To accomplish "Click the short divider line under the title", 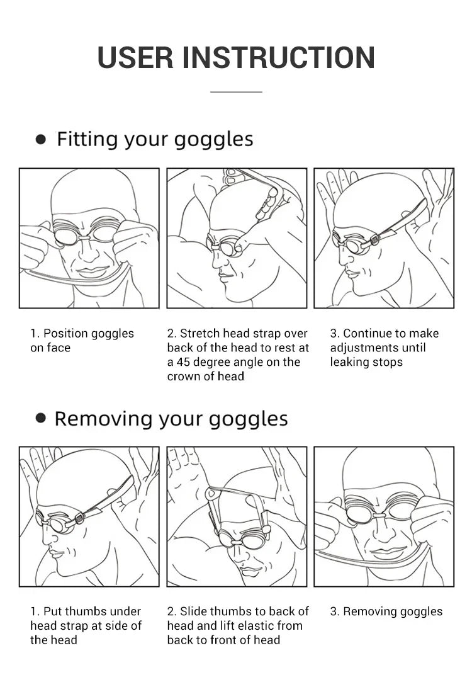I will (x=236, y=92).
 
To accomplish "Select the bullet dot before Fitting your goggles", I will (x=41, y=139).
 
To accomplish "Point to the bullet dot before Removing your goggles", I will (x=41, y=418).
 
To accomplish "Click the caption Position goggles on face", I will (x=82, y=340).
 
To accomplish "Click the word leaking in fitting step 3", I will (x=349, y=362).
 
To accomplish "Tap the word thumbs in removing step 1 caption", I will (x=87, y=611).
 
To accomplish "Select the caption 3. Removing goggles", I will (x=386, y=611).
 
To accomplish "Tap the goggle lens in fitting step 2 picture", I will (x=228, y=247).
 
